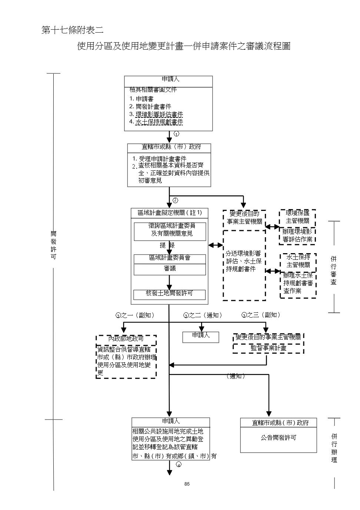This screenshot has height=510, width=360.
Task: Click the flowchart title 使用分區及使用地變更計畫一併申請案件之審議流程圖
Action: click(183, 46)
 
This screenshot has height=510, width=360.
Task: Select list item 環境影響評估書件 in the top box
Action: click(159, 114)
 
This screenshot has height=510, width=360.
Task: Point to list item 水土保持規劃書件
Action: click(159, 122)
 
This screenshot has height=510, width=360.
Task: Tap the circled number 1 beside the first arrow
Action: click(177, 134)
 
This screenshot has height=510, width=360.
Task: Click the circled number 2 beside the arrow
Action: click(175, 201)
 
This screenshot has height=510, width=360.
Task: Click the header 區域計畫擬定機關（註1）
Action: click(169, 213)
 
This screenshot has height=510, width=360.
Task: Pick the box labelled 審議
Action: click(170, 269)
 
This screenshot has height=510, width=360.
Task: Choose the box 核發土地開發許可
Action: click(169, 294)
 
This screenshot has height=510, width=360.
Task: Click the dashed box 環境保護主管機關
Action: click(297, 218)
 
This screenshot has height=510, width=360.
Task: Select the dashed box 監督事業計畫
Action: click(268, 348)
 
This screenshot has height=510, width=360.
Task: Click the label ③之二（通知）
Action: click(203, 315)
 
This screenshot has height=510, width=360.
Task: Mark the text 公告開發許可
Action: click(278, 438)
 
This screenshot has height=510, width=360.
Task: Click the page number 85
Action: click(187, 484)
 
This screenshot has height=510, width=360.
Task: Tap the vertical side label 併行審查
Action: click(333, 271)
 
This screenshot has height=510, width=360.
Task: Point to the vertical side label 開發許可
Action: click(53, 245)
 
